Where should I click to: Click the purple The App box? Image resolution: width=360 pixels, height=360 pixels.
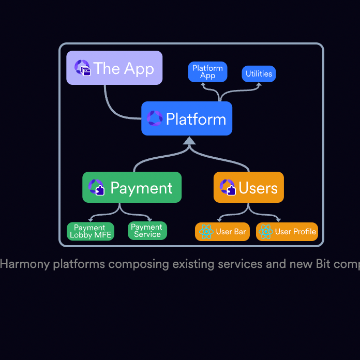(114, 68)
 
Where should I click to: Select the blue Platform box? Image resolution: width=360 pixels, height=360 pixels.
(187, 118)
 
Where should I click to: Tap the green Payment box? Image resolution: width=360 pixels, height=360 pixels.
(132, 187)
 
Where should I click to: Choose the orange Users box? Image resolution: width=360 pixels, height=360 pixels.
(249, 187)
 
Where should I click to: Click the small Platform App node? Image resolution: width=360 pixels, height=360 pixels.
(207, 72)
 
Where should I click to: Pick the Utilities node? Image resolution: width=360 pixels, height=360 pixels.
(259, 74)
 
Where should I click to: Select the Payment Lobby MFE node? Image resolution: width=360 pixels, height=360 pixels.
(91, 231)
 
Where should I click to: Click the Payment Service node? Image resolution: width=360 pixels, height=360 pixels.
(147, 231)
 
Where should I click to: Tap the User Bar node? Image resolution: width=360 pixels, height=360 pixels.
(222, 232)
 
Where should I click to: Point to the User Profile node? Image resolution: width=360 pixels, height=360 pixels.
(287, 232)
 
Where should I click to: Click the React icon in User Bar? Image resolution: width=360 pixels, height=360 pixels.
(206, 232)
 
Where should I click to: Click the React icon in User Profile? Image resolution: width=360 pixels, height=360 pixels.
(265, 232)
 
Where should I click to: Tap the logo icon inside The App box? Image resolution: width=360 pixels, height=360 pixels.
(82, 68)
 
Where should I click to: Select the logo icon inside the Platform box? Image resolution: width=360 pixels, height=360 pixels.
(154, 118)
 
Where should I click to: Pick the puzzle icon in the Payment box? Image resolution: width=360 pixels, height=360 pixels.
(97, 187)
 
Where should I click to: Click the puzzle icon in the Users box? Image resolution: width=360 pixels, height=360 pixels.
(227, 187)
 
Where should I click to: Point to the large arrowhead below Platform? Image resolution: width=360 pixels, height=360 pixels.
(189, 141)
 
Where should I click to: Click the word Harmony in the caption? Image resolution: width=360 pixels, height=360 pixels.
(25, 264)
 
